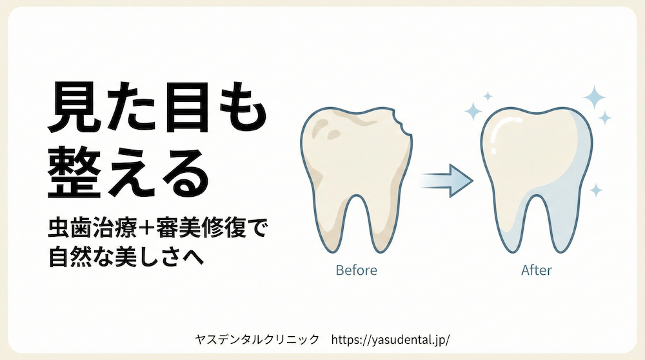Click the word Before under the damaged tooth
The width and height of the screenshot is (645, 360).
coord(356,270)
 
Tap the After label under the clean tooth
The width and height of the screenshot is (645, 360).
coord(537,270)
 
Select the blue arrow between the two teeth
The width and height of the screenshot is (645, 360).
coord(447,181)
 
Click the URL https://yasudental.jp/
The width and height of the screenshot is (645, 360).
coord(390,340)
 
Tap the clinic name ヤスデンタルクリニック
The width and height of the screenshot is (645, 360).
coord(257,339)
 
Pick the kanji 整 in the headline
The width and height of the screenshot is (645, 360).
coord(74,172)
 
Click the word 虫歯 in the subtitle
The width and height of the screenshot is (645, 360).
coord(70,229)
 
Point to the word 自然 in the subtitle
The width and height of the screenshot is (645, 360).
coord(70,257)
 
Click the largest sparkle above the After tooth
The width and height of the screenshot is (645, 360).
coord(594,97)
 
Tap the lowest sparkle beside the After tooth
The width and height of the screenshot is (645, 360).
coord(595,190)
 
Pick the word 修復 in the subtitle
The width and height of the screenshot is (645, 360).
coord(224,229)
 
